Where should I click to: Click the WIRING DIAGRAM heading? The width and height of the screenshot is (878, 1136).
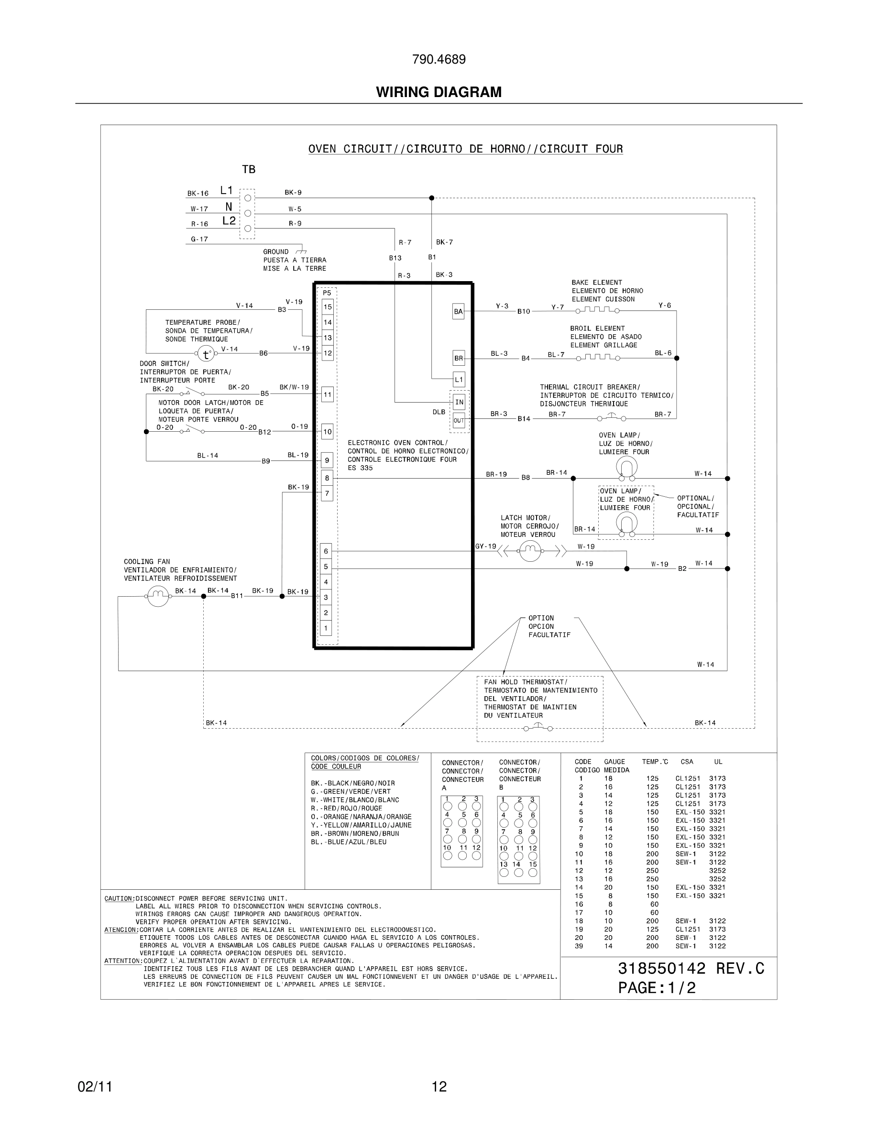pos(439,92)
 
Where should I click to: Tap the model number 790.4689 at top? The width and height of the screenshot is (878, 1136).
pos(439,60)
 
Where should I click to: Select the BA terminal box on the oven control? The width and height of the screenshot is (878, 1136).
pos(458,312)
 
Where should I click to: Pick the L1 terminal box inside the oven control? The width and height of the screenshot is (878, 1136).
pos(458,380)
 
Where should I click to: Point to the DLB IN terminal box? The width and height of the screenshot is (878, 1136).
pos(459,402)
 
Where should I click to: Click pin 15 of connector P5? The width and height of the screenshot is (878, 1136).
pos(327,307)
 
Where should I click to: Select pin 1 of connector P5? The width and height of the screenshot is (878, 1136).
pos(326,628)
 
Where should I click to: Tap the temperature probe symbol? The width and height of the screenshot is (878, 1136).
pos(206,355)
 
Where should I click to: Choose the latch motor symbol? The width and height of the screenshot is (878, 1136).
pos(530,551)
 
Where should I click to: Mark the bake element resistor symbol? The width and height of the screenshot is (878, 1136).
pos(597,310)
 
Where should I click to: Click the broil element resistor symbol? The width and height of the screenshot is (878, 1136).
pos(597,357)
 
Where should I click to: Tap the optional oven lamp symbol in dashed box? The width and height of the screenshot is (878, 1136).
pos(626,523)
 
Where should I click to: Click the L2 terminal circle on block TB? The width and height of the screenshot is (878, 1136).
pos(248,229)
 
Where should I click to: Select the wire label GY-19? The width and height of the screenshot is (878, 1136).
pos(485,546)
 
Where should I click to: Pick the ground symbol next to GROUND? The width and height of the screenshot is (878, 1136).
pos(301,252)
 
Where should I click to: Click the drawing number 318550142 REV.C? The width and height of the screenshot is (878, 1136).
pos(691,969)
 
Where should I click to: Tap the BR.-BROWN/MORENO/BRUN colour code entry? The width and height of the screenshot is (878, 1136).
pos(355,833)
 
